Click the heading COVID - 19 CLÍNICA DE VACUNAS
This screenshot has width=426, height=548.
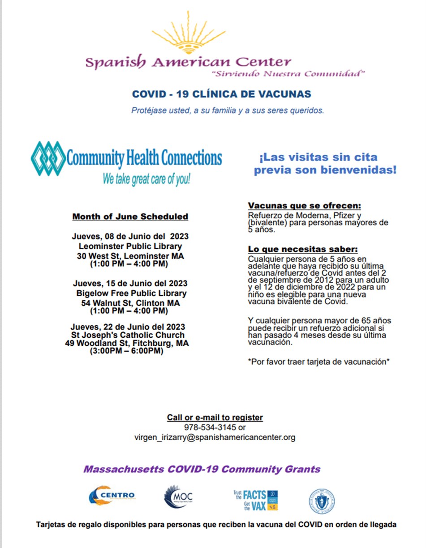221,94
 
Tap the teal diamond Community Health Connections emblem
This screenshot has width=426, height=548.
48,158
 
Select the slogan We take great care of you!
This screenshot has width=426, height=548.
146,179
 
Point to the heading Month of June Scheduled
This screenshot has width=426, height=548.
130,217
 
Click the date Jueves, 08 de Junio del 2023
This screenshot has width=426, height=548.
130,236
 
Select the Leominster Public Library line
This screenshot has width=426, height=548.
130,246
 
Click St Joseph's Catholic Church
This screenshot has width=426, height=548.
128,335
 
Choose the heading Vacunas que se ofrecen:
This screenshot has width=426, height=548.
305,206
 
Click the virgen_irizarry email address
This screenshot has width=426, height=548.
215,438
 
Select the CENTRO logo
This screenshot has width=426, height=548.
112,496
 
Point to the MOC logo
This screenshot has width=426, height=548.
179,497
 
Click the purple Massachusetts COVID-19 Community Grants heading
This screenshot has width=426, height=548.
202,470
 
